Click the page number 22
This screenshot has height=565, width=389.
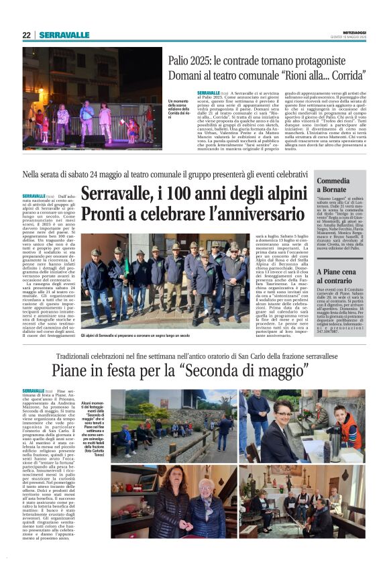click(26, 35)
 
